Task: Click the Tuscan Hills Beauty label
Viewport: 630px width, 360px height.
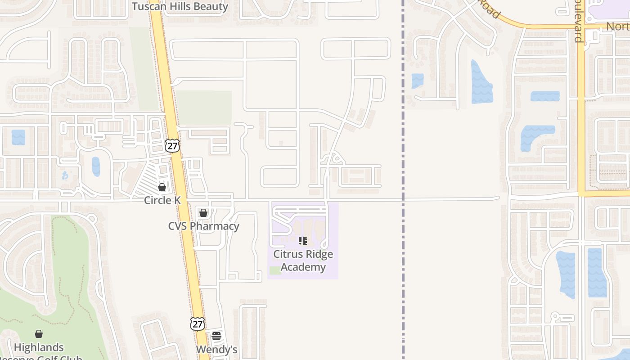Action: pos(180,6)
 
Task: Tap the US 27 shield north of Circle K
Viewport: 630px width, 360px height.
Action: pos(172,145)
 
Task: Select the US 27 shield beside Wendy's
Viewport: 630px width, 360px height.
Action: pos(198,324)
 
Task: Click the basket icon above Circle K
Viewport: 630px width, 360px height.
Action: pos(162,187)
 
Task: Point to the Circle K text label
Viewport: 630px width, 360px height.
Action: pos(162,200)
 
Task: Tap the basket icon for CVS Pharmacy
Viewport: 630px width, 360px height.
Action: pos(203,213)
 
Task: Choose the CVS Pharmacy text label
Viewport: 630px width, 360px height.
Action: pos(203,226)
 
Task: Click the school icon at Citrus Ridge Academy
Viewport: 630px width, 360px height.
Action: pos(303,241)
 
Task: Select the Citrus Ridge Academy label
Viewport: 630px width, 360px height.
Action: pos(303,261)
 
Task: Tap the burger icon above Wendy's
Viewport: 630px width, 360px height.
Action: pos(216,336)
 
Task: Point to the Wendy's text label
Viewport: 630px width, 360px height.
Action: pos(216,350)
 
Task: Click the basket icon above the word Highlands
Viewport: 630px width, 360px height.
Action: pos(39,334)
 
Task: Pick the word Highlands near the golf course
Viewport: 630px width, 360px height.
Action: pos(39,347)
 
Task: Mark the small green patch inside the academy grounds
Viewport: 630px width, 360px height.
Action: pos(275,270)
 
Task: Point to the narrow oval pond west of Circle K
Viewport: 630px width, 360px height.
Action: pos(96,166)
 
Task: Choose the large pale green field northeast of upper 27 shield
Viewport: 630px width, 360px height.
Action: pos(203,108)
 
